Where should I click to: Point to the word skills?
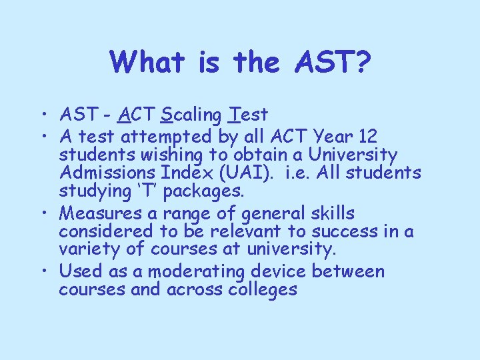[330, 213]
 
